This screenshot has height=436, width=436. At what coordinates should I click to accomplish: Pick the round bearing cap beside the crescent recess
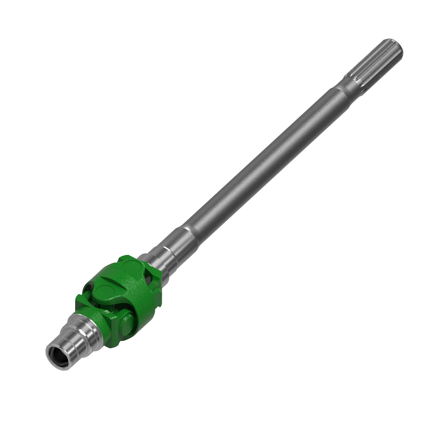[x=105, y=291]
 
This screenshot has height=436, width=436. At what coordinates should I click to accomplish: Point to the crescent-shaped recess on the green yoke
[x=109, y=279]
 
